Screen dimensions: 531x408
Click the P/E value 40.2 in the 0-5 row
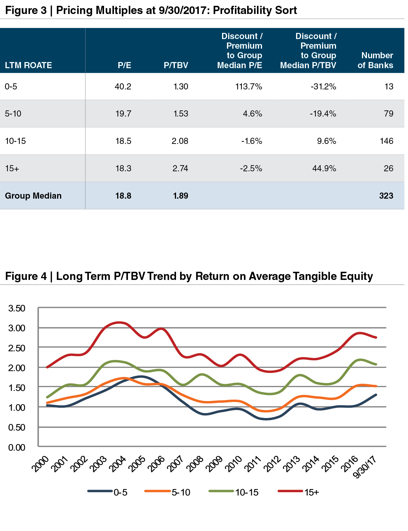123,87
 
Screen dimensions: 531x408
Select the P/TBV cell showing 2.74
180,168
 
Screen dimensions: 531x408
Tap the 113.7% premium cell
249,87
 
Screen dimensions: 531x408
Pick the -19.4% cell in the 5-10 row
323,114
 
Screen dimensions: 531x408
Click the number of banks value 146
386,141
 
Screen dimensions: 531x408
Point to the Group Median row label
33,195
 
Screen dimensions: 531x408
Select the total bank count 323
386,195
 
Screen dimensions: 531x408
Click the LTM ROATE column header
28,65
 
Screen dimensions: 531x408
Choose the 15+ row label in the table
12,168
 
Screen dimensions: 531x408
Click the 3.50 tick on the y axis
17,308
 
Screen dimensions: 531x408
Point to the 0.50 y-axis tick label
17,427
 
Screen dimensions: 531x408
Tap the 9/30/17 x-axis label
366,466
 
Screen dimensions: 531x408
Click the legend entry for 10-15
247,492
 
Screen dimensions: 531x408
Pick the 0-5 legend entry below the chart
120,492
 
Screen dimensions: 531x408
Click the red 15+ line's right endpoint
376,337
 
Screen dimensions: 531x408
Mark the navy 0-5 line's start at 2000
47,405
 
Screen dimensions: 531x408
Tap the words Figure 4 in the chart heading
26,276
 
